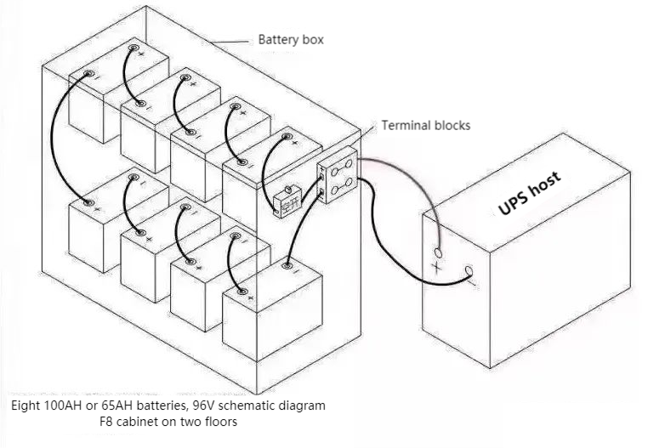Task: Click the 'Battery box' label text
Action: point(291,40)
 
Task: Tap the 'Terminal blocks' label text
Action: point(425,125)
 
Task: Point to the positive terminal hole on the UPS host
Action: point(439,252)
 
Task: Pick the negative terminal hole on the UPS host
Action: point(468,273)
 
